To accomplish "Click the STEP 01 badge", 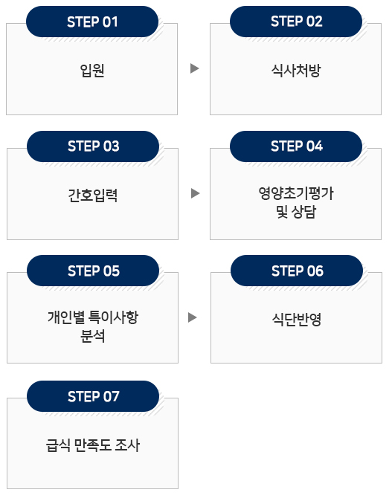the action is [92, 22].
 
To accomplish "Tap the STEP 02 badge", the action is [296, 22].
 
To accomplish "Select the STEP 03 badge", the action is [93, 146].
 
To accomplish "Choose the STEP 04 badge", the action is [296, 146].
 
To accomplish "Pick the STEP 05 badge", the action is [93, 271].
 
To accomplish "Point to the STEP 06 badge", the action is [297, 271].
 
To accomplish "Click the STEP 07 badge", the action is [93, 396].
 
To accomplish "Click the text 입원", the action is [92, 71].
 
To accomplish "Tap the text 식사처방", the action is [296, 71].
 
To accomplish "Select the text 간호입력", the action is [93, 195].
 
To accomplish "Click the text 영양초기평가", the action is [296, 193].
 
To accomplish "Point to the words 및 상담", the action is [296, 212].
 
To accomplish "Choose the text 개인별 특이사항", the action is [93, 317].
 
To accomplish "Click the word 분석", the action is [93, 336].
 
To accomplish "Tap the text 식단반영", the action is [297, 319].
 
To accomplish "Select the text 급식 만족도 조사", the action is [93, 445].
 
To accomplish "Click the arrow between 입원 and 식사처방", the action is [194, 68].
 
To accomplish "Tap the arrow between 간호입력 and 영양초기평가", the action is [195, 193].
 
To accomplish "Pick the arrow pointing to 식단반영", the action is [192, 317].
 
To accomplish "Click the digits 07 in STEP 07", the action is [112, 397].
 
